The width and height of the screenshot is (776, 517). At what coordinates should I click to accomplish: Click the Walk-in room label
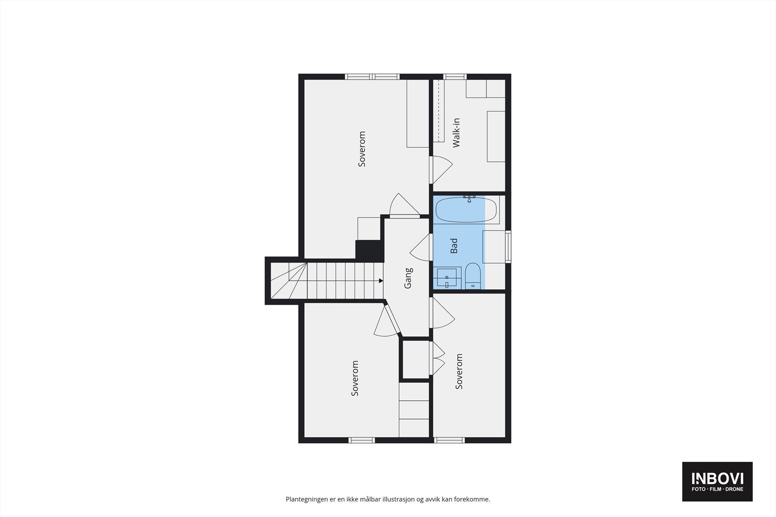[x=456, y=133]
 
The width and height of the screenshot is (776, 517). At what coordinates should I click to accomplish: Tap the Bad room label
[x=454, y=246]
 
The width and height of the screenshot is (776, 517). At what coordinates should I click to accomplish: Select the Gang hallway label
[x=408, y=278]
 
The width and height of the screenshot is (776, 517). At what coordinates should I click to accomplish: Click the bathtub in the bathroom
[x=466, y=210]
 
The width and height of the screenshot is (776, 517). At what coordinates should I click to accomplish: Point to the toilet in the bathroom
[x=472, y=276]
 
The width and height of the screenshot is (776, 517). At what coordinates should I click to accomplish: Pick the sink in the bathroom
[x=447, y=278]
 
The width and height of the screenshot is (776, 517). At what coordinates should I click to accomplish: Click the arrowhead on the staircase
[x=381, y=281]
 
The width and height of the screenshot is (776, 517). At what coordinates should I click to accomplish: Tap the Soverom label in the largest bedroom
[x=362, y=149]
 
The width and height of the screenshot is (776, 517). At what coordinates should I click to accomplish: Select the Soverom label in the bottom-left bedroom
[x=355, y=378]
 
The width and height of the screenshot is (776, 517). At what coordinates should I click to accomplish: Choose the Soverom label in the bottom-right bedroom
[x=459, y=371]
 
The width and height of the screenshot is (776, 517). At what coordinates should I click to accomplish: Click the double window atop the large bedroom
[x=372, y=77]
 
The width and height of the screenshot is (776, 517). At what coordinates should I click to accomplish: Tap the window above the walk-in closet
[x=455, y=77]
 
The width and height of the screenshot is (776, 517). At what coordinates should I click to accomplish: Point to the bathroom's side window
[x=508, y=247]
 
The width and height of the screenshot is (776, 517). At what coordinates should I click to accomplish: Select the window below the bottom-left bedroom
[x=362, y=440]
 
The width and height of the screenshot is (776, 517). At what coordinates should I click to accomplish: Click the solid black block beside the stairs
[x=370, y=251]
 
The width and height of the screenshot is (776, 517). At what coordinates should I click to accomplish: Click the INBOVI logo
[x=717, y=481]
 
